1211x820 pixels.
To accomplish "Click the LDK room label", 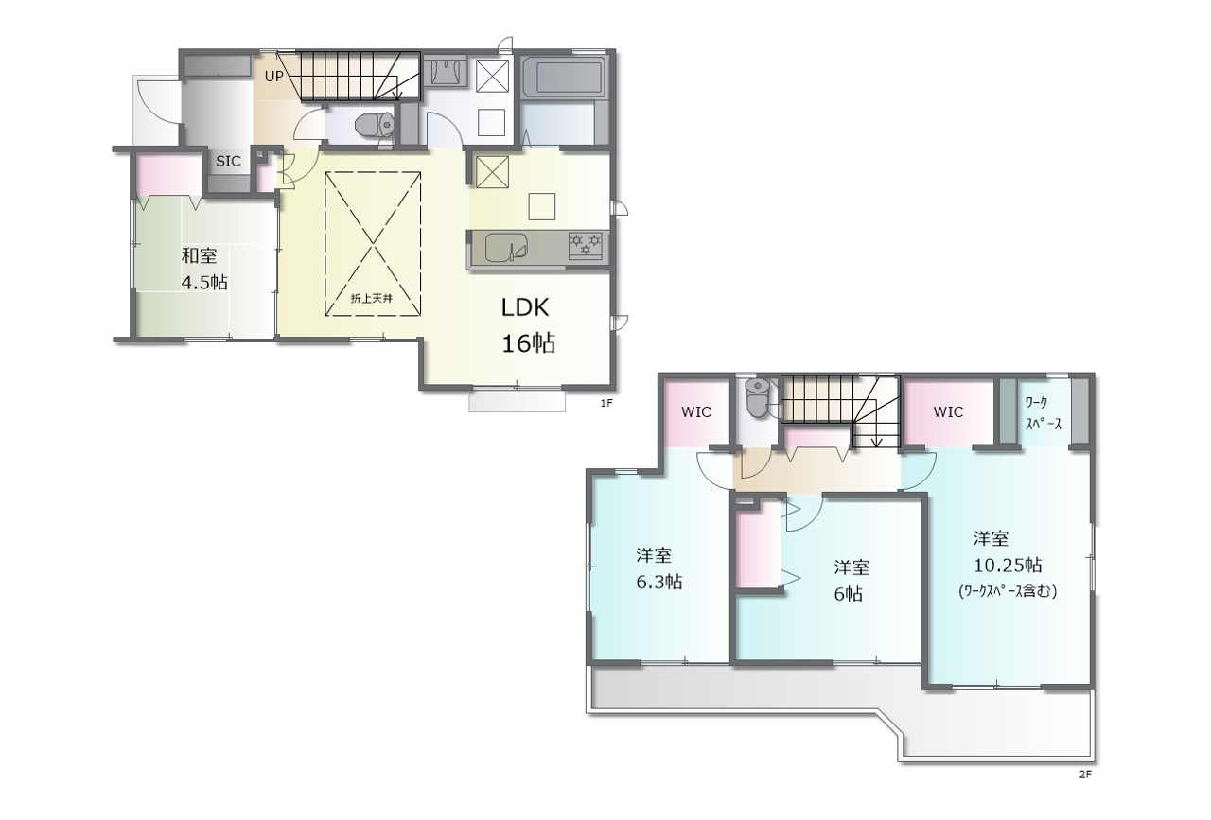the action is click(x=525, y=307).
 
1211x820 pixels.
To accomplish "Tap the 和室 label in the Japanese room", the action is click(x=199, y=255).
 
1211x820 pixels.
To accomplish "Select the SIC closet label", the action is click(x=228, y=161).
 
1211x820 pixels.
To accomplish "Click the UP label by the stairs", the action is click(x=273, y=77).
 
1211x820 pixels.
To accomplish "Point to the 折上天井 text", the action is click(x=372, y=298).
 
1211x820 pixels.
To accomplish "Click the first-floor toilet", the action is click(x=375, y=126).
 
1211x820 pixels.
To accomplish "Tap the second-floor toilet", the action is click(x=757, y=397).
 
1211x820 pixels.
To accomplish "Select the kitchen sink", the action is click(x=506, y=248).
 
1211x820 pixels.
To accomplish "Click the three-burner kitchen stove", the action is click(x=585, y=245).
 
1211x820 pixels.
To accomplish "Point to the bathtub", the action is click(x=563, y=78).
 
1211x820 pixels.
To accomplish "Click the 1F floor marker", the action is click(x=606, y=403).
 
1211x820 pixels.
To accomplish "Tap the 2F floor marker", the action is click(x=1085, y=775).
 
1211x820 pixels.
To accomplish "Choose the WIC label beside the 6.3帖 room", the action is click(x=695, y=412).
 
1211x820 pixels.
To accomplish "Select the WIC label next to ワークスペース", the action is click(x=948, y=412).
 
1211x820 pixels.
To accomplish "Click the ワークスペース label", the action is click(x=1042, y=413).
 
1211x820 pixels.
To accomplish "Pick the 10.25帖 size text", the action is click(x=1008, y=566).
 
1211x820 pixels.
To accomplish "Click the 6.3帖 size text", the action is click(x=659, y=583).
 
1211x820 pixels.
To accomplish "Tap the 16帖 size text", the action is click(x=529, y=342).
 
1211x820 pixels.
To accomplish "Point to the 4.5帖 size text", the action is click(x=204, y=282).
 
